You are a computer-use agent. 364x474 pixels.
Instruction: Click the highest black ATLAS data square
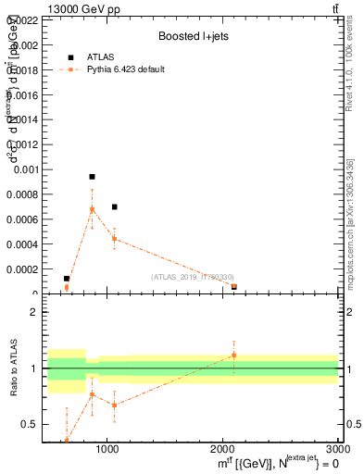(x=92, y=176)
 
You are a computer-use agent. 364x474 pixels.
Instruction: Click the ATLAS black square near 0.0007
(x=114, y=206)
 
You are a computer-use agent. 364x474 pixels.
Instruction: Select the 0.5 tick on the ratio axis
(x=30, y=425)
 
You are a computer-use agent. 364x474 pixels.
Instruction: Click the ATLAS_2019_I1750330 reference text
(x=192, y=277)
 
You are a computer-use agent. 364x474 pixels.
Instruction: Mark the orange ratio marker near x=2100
(x=234, y=355)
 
